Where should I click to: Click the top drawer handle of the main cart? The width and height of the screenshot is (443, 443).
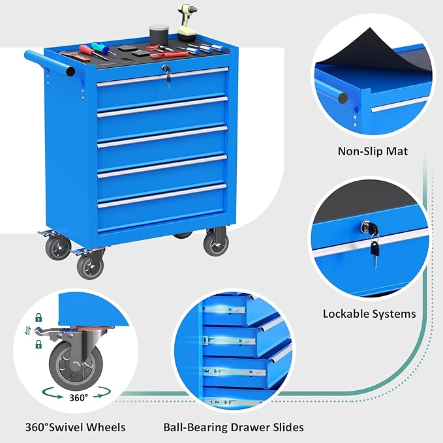tap(162, 76)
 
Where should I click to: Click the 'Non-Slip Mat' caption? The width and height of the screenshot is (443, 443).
tap(373, 151)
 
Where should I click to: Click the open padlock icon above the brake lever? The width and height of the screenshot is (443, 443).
tap(38, 318)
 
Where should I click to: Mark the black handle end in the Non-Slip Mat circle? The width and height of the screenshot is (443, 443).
tap(343, 98)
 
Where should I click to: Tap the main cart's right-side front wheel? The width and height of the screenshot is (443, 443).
tap(215, 243)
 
